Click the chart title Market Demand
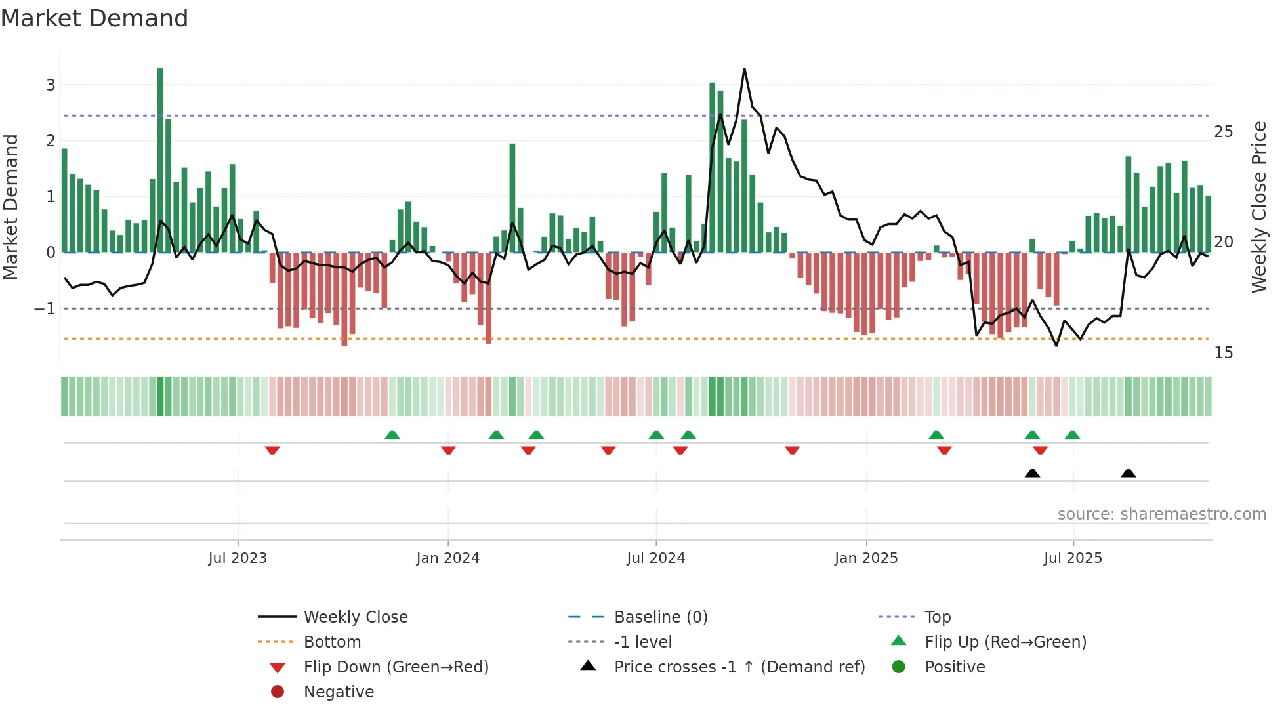[x=94, y=18]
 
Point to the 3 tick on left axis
[x=51, y=85]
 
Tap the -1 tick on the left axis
[x=45, y=308]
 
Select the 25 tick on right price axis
[x=1223, y=132]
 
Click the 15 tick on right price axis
[x=1223, y=353]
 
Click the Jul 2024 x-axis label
[x=655, y=558]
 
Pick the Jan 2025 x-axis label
[x=865, y=558]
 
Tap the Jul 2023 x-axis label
[x=238, y=558]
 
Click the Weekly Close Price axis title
[x=1258, y=207]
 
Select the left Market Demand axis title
[x=10, y=207]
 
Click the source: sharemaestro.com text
[x=1161, y=514]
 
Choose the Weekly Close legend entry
[x=355, y=617]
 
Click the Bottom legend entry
[x=332, y=642]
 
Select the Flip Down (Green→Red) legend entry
[x=396, y=667]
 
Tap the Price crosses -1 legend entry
[x=739, y=667]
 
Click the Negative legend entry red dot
[x=278, y=692]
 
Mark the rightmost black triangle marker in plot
[x=1128, y=474]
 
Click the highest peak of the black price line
[x=744, y=69]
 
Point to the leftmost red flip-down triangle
[x=272, y=450]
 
